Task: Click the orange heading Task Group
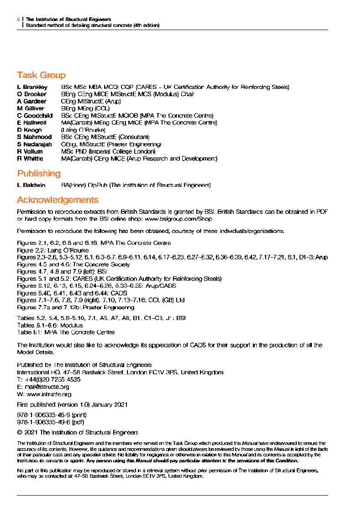click(42, 75)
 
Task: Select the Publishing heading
click(39, 174)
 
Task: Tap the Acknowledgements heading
click(58, 200)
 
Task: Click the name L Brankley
click(32, 87)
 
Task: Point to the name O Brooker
click(32, 94)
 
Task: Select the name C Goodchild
click(35, 116)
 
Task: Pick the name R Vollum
click(30, 151)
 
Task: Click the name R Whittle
click(30, 159)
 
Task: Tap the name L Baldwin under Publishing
click(31, 186)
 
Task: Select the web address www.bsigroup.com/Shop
click(178, 219)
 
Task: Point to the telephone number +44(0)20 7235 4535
click(52, 379)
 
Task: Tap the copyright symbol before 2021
click(20, 432)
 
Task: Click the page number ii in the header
click(18, 20)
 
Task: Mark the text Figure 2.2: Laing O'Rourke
click(53, 250)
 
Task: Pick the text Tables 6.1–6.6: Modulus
click(50, 326)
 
